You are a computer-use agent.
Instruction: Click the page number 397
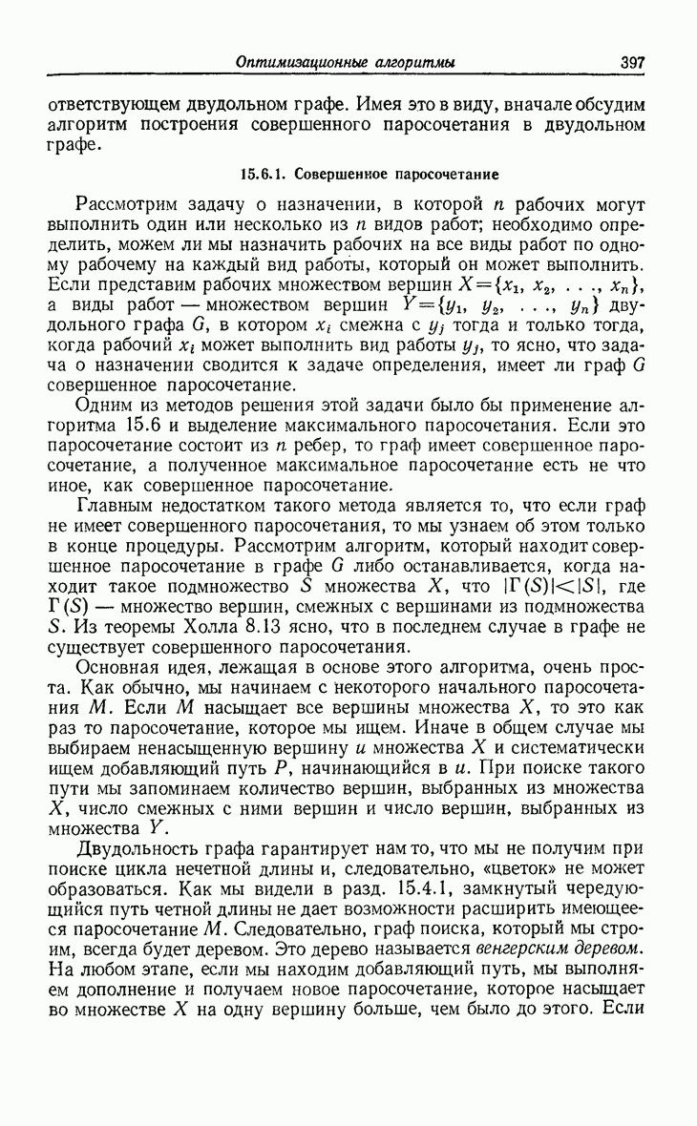pyautogui.click(x=632, y=63)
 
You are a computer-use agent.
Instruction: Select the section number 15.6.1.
pyautogui.click(x=264, y=176)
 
